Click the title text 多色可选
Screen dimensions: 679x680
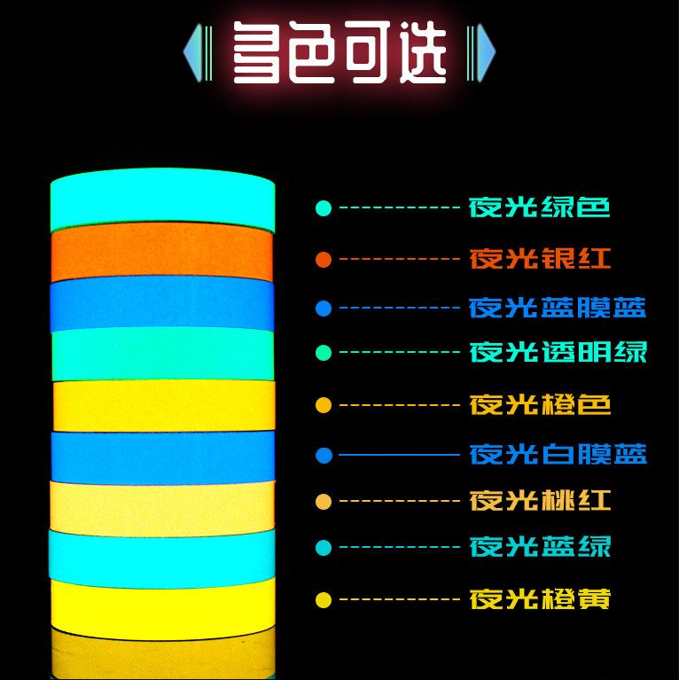[x=339, y=53]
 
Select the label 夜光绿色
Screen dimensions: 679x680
[x=540, y=209]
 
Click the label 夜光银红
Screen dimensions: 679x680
[x=540, y=259]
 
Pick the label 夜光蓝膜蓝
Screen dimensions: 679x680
[x=558, y=309]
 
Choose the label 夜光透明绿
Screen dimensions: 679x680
[x=558, y=352]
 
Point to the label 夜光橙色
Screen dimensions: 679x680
[x=540, y=406]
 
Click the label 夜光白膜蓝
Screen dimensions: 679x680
[x=558, y=456]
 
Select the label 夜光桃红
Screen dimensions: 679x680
[x=540, y=501]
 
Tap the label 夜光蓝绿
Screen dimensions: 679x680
[x=540, y=546]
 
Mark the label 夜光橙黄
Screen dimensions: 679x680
[x=540, y=599]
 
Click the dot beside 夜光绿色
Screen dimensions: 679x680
[x=324, y=209]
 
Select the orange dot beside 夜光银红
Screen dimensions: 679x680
[x=324, y=259]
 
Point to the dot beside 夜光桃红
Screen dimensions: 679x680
[x=324, y=502]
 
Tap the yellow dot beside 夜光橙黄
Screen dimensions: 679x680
[x=324, y=600]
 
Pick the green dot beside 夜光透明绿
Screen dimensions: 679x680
[x=324, y=353]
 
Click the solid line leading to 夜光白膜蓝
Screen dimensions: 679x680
[x=399, y=456]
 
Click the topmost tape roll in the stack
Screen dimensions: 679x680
[x=162, y=203]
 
